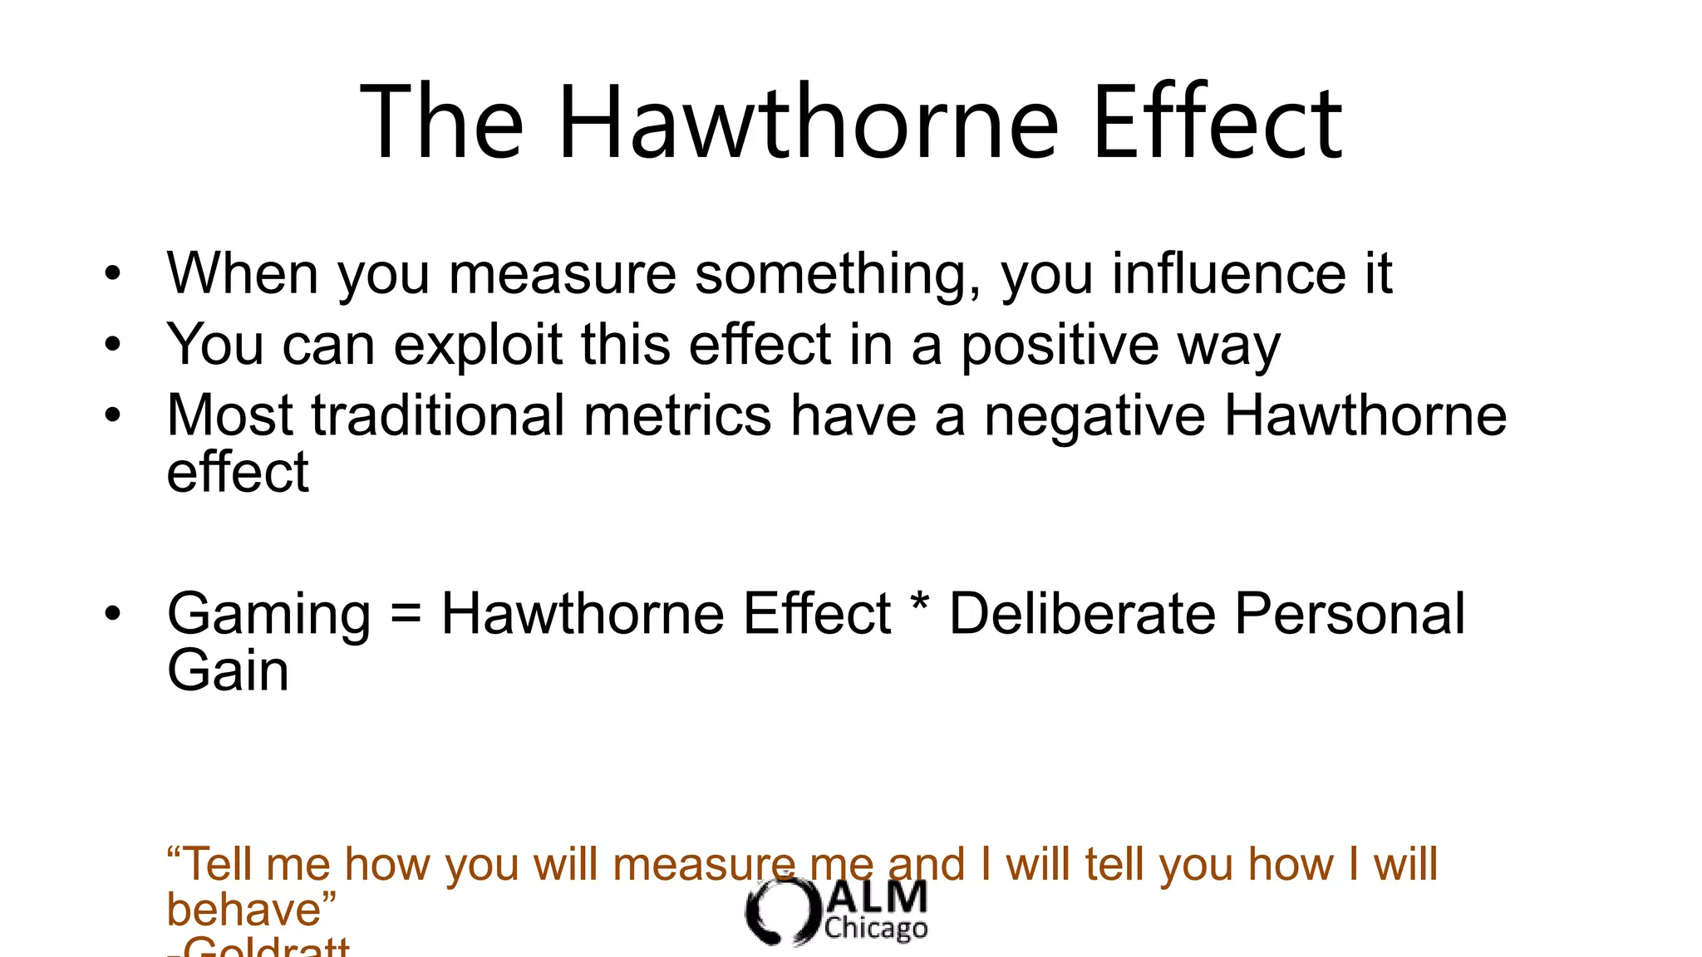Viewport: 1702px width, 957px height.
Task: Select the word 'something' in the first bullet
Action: click(x=838, y=274)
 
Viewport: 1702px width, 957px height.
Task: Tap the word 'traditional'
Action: click(x=438, y=415)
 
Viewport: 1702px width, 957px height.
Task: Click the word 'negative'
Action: click(x=1094, y=415)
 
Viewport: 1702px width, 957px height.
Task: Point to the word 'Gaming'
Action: click(x=268, y=615)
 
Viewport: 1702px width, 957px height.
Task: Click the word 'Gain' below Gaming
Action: click(x=228, y=670)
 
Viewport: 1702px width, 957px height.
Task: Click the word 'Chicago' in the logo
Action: click(x=876, y=928)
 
